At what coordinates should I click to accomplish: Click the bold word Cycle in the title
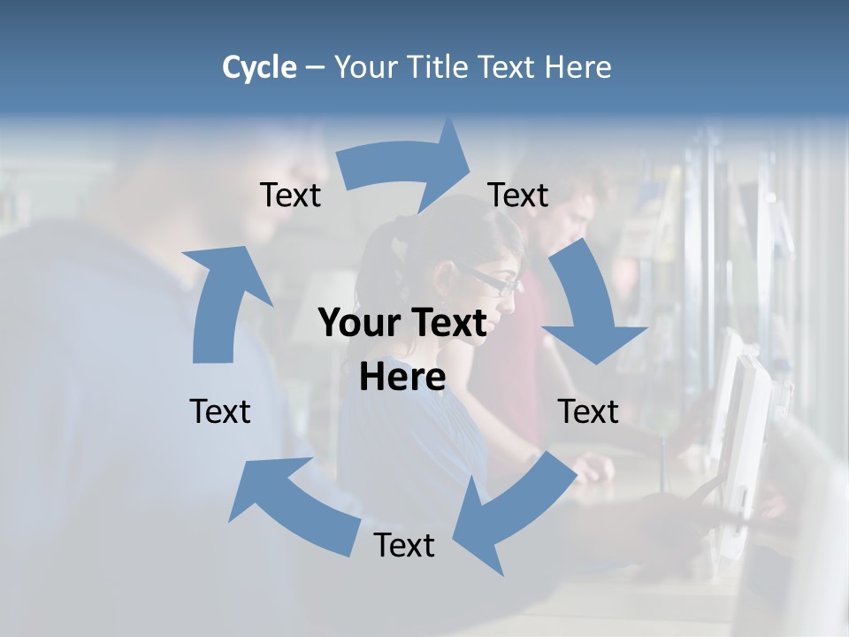click(259, 67)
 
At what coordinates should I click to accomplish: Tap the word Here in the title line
click(578, 67)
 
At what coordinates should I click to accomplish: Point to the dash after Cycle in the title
click(315, 68)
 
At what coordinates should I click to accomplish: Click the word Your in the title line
click(363, 67)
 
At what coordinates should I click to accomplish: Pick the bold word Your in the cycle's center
click(359, 323)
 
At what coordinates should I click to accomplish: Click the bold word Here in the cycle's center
click(402, 378)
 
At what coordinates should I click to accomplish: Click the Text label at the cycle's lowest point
click(404, 545)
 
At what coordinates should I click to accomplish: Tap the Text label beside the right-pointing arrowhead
click(518, 195)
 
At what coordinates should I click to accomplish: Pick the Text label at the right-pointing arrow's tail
click(290, 195)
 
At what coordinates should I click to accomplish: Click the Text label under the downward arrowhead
click(588, 411)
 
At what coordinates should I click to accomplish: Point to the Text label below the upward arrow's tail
click(220, 411)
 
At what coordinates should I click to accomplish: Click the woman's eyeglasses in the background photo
click(496, 282)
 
